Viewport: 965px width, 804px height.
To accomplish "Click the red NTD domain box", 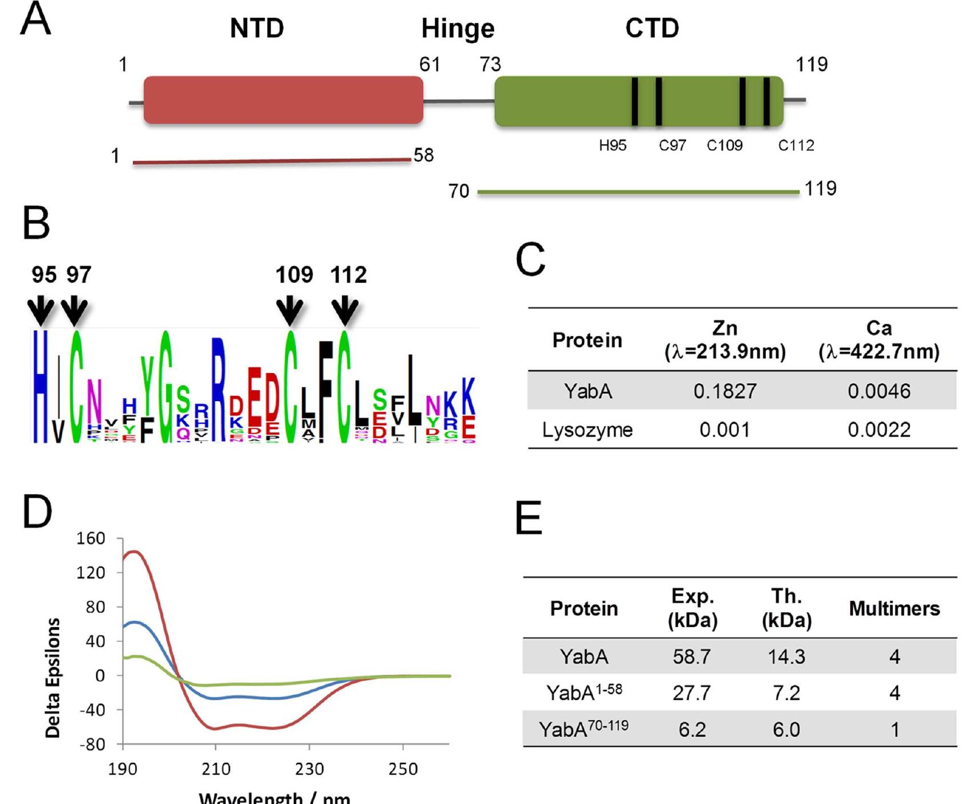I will (283, 100).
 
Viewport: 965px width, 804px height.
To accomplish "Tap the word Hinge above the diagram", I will (458, 29).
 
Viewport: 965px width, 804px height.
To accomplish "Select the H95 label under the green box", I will (613, 146).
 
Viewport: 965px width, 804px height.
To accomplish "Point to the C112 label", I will (796, 146).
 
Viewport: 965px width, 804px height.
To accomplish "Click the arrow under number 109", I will (290, 311).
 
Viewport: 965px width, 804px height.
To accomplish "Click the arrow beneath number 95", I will (41, 311).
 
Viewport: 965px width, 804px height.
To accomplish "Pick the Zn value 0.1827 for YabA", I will (725, 391).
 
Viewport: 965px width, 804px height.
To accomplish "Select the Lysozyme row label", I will (587, 430).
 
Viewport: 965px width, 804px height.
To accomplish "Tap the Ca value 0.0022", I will (879, 430).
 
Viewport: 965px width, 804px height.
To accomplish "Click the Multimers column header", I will (894, 608).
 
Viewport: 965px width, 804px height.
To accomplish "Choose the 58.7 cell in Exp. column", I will (692, 656).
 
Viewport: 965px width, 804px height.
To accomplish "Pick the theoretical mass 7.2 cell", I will (786, 693).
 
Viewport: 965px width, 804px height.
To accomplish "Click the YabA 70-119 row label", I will (583, 729).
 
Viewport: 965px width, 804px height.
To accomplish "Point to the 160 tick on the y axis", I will (91, 538).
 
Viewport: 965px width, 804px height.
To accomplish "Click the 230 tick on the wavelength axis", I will (309, 769).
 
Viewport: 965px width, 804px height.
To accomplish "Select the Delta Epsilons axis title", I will (53, 678).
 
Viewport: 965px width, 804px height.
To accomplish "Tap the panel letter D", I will (37, 512).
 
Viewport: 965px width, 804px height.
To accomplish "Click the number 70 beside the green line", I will (459, 191).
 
